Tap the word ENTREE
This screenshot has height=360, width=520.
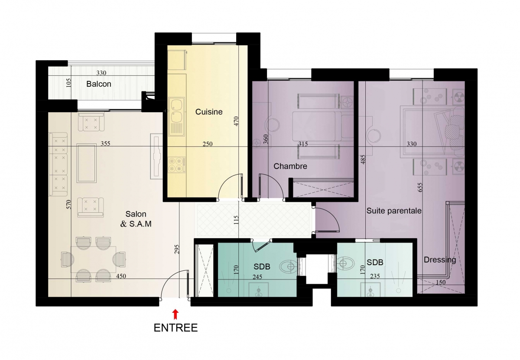[x=176, y=328]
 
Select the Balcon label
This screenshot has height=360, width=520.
[x=99, y=84]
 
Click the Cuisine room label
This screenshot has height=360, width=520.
[x=209, y=112]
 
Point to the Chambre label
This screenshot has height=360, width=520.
[x=290, y=166]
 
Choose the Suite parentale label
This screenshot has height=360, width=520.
[x=394, y=211]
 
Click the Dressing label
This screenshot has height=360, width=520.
[x=440, y=260]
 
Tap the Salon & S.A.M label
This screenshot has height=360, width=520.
[x=136, y=219]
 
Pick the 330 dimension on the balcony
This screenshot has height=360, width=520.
[x=101, y=73]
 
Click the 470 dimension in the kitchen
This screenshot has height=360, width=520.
[x=236, y=121]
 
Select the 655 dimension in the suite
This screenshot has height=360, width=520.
[x=420, y=187]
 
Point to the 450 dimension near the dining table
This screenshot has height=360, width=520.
[x=121, y=276]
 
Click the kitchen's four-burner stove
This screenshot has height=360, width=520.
[x=177, y=165]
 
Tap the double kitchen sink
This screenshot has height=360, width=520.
[x=176, y=117]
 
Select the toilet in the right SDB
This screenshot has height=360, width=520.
[x=345, y=263]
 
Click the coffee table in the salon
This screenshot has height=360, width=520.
[x=87, y=163]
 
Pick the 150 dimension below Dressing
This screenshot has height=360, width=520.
[x=441, y=282]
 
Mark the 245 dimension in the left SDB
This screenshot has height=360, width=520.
[x=257, y=277]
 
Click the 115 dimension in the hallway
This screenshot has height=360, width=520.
[x=236, y=220]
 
